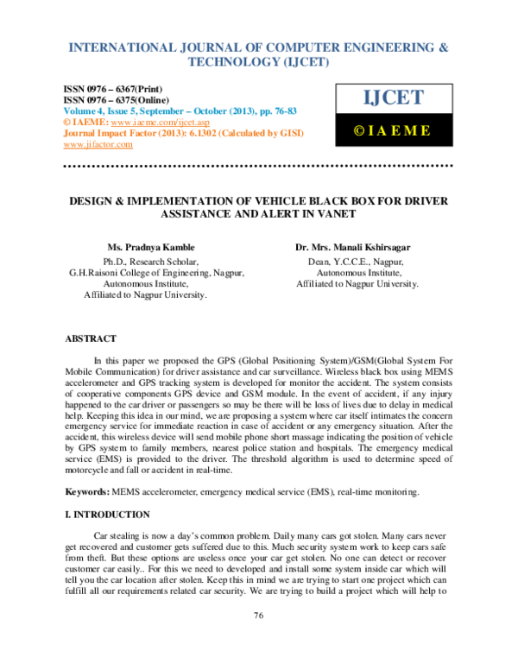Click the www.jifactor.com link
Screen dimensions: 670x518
(98, 144)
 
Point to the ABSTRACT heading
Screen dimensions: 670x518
(91, 339)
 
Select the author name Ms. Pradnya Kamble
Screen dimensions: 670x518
(151, 247)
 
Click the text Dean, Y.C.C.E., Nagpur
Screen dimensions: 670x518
(357, 260)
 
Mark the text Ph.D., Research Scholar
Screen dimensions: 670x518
(151, 260)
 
